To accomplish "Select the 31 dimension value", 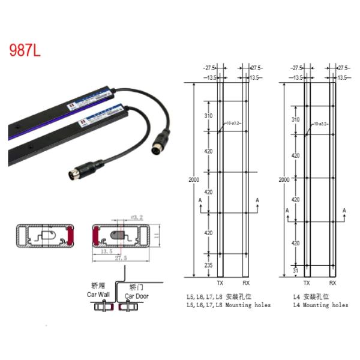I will point(296,271).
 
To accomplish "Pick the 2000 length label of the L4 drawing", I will point(285,179).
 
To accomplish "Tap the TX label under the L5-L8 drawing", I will point(220,283).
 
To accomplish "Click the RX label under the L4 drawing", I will point(334,283).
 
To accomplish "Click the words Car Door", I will point(137,296).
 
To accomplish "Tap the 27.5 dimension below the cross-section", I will point(123,258).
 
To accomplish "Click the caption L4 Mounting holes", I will point(320,305).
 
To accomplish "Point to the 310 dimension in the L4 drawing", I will point(296,120).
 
